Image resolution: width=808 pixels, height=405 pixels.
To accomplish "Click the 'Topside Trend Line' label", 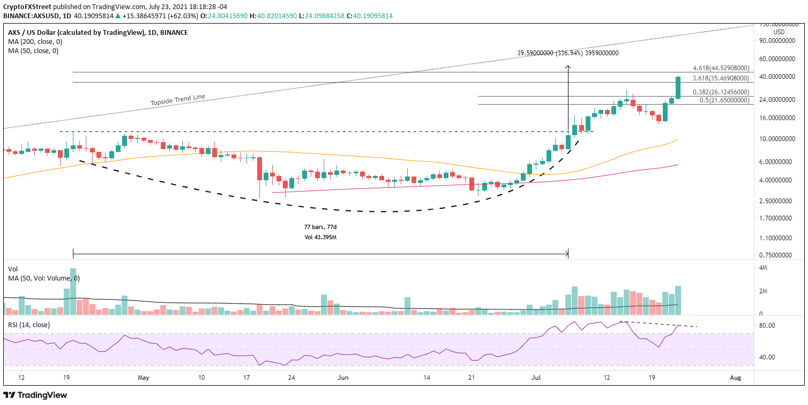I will point(177,100).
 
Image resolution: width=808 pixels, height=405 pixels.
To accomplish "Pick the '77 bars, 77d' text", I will point(321,227).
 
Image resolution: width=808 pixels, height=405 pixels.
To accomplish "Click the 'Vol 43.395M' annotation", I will point(320,237).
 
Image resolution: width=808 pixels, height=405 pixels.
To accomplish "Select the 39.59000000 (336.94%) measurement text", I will point(568,53).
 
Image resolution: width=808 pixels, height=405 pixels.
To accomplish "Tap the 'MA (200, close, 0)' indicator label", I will point(33,42).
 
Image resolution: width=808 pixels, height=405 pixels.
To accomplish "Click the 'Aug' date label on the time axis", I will point(735,377).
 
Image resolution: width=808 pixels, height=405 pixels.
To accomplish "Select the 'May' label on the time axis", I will point(143,377).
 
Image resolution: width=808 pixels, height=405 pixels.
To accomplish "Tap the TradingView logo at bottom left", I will point(37,395).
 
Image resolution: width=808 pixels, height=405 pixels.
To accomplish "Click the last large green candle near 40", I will point(678,87).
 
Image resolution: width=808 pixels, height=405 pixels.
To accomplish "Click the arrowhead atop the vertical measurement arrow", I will point(567,67).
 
